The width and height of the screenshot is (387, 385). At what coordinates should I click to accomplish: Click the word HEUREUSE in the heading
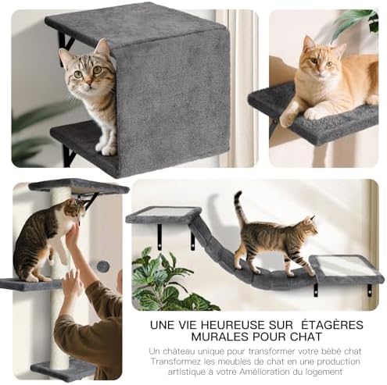click(230, 325)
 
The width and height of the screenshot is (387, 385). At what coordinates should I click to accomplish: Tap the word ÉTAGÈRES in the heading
click(332, 325)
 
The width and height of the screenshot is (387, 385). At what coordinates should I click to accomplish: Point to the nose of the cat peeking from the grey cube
click(89, 83)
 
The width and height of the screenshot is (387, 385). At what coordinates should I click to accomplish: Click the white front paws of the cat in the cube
click(106, 148)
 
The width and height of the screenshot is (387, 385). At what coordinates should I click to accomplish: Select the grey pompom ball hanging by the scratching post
click(102, 266)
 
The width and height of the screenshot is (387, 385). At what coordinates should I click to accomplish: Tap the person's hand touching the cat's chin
click(73, 232)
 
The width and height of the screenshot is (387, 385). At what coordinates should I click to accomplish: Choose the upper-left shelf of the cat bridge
click(163, 216)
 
